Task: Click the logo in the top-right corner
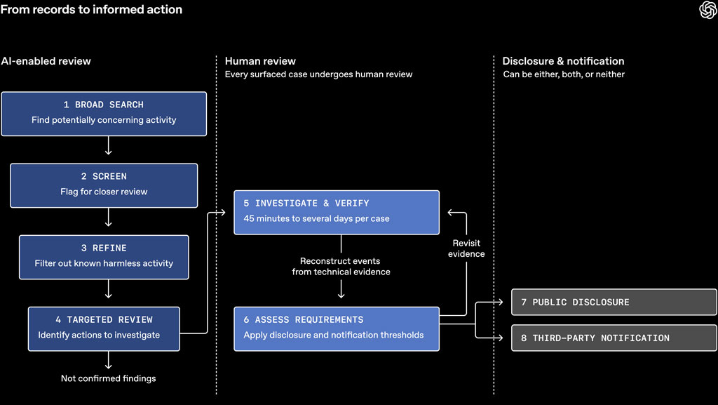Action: tap(708, 10)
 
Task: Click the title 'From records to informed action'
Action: tap(92, 10)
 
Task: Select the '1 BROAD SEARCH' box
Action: tap(104, 114)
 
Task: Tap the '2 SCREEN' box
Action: tap(104, 185)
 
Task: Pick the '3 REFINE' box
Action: tap(104, 257)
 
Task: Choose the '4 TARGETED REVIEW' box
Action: tap(104, 329)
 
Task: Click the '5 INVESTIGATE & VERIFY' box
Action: tap(337, 213)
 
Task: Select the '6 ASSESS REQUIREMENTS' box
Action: tap(337, 329)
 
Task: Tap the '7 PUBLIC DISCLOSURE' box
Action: tap(614, 302)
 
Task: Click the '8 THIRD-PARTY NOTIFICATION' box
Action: tap(614, 338)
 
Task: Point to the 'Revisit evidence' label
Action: tap(466, 248)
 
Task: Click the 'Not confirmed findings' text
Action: tap(109, 378)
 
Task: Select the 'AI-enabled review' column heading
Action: tap(46, 61)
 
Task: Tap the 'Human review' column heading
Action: tap(260, 61)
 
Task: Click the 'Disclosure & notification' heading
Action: tap(563, 61)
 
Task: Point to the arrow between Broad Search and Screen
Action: tap(109, 146)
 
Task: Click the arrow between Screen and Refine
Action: tap(109, 217)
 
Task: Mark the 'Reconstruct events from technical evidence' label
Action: tap(341, 266)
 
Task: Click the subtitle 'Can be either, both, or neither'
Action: tap(564, 74)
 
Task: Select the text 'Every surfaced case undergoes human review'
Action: tap(319, 74)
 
